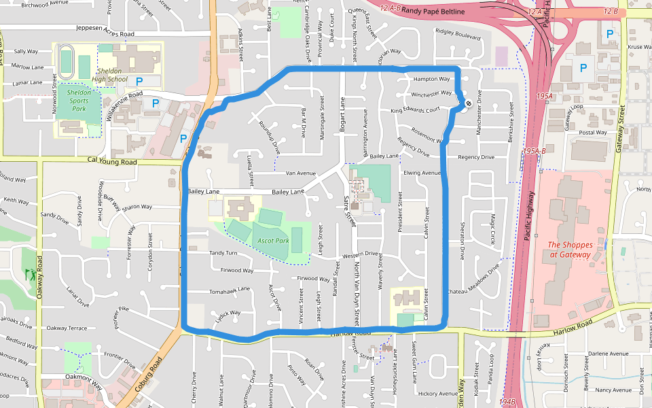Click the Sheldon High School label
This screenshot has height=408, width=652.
click(x=109, y=75)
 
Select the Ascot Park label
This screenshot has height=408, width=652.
click(x=273, y=241)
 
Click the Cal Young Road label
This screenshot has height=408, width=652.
click(x=112, y=162)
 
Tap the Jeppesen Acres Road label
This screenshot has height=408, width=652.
click(x=105, y=34)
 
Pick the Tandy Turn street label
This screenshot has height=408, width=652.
click(x=223, y=253)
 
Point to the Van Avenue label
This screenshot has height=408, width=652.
click(x=301, y=173)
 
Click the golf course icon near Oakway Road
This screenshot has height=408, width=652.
click(x=29, y=274)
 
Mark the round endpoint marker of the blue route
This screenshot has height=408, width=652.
click(x=468, y=103)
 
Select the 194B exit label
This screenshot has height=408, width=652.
click(x=507, y=402)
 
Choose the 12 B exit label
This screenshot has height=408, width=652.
click(x=610, y=12)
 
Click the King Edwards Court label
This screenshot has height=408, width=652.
click(x=415, y=110)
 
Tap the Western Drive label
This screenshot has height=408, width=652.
click(x=360, y=255)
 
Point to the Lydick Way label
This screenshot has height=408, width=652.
click(x=228, y=313)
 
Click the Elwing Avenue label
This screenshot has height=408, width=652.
click(x=422, y=173)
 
